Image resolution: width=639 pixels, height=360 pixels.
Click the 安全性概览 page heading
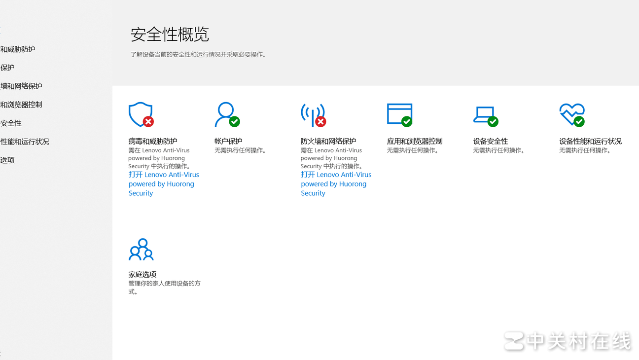click(x=170, y=35)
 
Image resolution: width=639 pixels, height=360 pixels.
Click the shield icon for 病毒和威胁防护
click(x=139, y=113)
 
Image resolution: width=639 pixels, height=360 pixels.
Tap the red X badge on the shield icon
click(x=148, y=121)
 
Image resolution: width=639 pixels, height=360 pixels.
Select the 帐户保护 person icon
click(x=225, y=113)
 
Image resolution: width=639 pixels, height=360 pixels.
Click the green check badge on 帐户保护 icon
click(x=235, y=121)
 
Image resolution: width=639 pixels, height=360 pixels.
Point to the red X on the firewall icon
click(x=320, y=121)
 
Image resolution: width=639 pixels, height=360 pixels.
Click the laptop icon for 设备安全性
click(x=484, y=114)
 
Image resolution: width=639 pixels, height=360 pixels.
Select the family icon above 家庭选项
click(x=141, y=250)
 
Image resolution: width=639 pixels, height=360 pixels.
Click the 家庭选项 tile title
click(x=142, y=274)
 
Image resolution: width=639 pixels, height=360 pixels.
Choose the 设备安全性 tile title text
click(x=490, y=141)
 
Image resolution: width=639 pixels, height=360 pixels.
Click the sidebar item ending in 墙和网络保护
click(x=21, y=86)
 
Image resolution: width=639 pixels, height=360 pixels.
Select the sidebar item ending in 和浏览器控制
click(x=21, y=105)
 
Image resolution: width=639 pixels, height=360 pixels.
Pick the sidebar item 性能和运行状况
click(x=25, y=142)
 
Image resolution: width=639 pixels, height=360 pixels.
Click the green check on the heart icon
click(x=579, y=121)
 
